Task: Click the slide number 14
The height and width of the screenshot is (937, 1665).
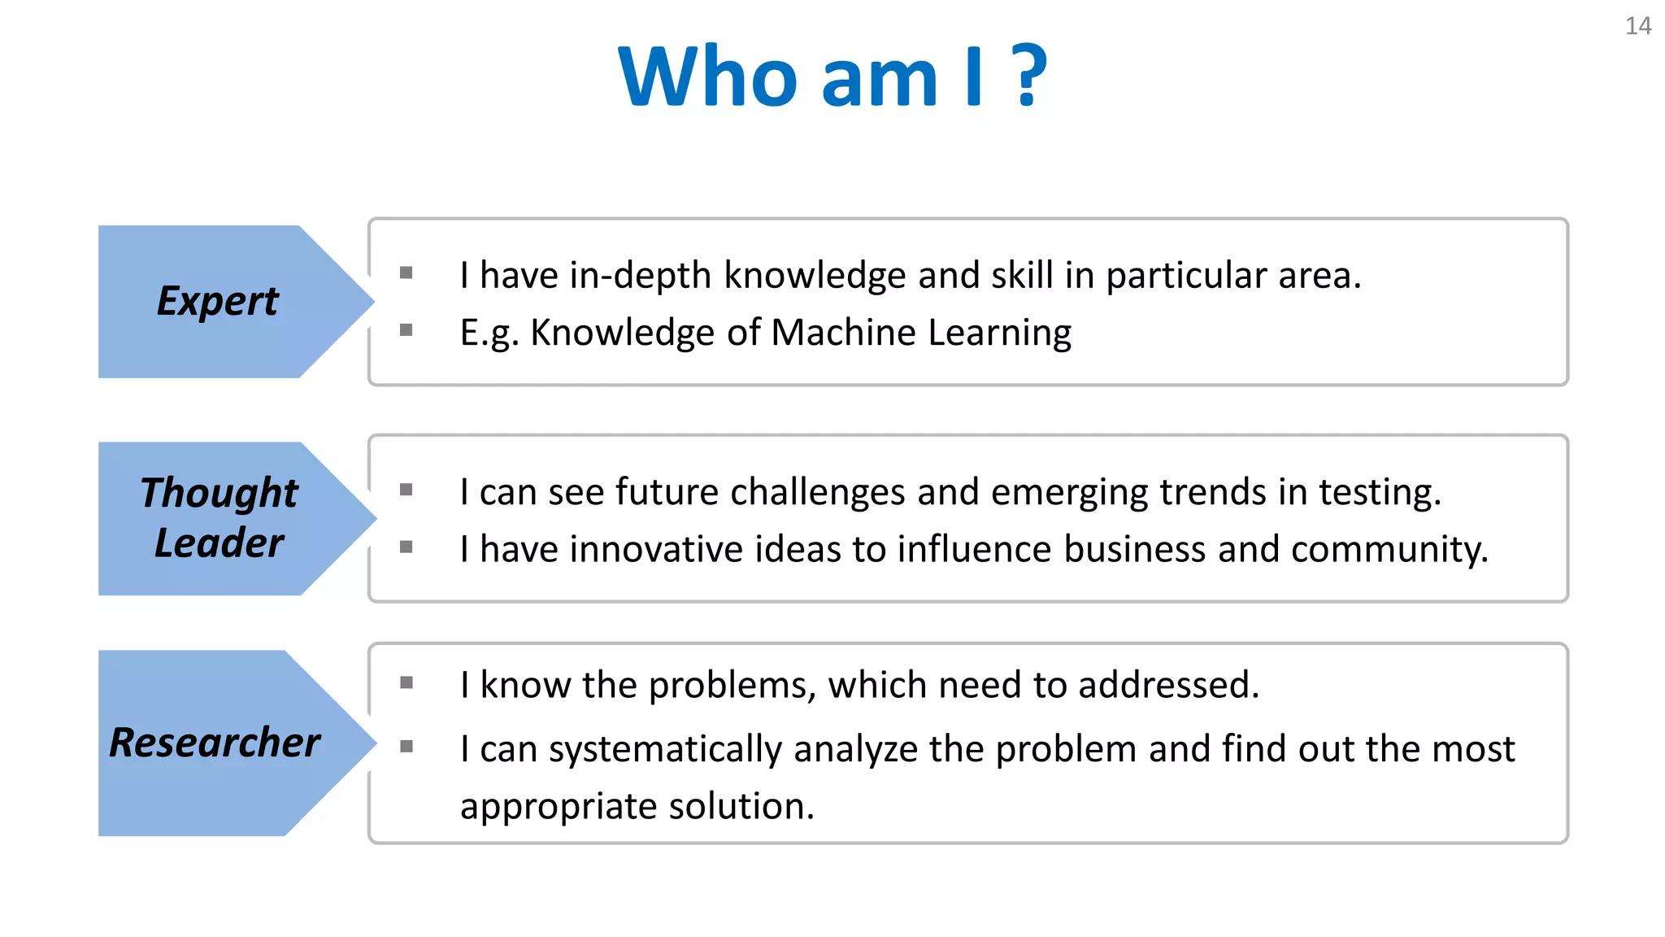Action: tap(1637, 26)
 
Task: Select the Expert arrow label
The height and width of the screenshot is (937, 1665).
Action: tap(218, 302)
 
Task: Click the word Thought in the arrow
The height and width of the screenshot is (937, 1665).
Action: tap(220, 493)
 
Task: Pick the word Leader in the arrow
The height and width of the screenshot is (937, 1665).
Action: tap(220, 543)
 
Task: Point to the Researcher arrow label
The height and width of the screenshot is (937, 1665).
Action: tap(215, 743)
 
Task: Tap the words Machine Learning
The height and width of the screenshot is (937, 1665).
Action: tap(920, 333)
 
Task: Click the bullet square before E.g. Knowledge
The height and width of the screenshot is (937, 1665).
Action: tap(406, 329)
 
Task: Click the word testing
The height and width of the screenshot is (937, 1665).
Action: tap(1379, 492)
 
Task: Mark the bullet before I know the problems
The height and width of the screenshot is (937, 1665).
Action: tap(406, 682)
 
